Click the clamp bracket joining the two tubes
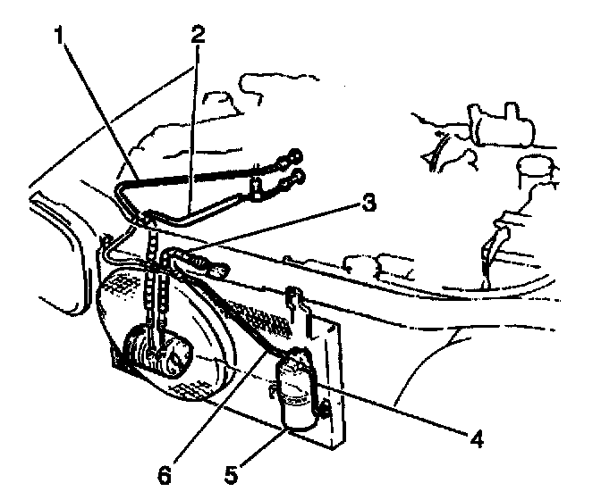pos(257,186)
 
